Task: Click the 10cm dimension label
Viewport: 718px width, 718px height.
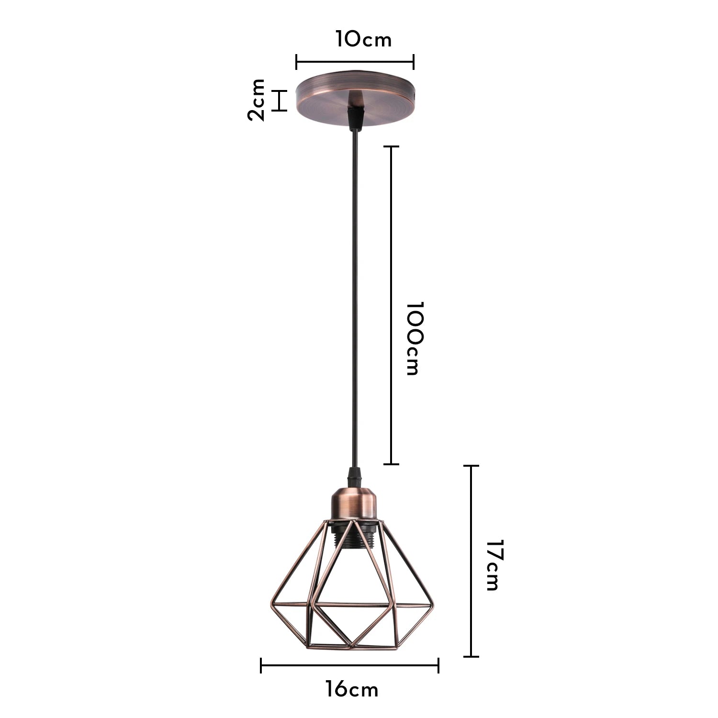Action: (363, 39)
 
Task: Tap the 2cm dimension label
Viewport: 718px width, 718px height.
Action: (257, 100)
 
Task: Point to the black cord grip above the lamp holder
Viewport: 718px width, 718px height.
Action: (353, 477)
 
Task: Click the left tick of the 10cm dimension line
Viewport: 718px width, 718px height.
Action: (297, 62)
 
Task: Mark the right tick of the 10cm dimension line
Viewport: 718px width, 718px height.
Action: (414, 62)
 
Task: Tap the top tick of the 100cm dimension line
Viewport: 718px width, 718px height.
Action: (392, 146)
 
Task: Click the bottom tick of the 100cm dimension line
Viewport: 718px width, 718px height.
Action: (392, 464)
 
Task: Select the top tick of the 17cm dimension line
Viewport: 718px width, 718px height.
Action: (471, 466)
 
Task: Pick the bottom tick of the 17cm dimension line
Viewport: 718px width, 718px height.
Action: (471, 656)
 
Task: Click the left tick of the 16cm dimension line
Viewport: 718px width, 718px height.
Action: (261, 665)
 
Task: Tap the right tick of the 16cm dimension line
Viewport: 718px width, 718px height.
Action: (438, 665)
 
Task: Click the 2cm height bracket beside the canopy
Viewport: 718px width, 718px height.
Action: (280, 101)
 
